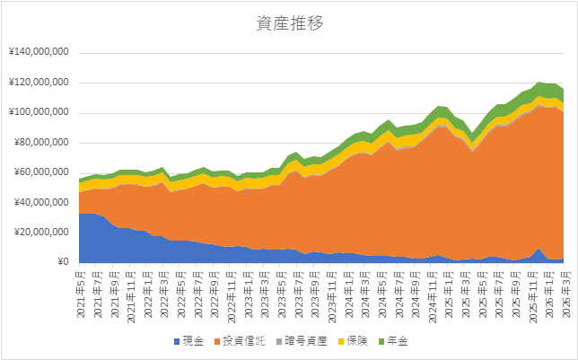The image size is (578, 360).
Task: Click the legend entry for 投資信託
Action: click(245, 342)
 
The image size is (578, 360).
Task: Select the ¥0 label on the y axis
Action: click(62, 262)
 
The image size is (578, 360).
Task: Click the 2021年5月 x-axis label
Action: click(83, 286)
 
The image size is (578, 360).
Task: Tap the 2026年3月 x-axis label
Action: click(560, 286)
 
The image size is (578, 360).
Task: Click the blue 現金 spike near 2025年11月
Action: click(537, 253)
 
